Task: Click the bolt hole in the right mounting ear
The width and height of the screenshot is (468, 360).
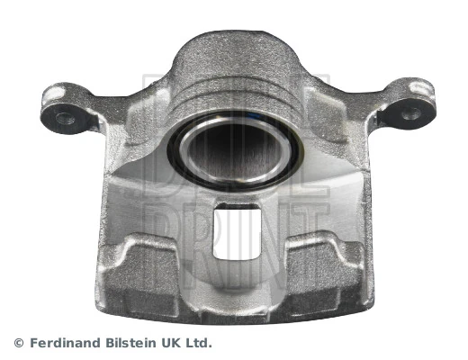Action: pos(410,113)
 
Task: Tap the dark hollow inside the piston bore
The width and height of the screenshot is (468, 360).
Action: pos(237,151)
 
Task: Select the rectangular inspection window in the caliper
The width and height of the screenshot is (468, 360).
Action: pos(237,231)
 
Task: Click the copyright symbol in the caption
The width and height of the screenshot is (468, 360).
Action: pos(19,342)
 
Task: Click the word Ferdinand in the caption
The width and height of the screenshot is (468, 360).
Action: pos(65,342)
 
